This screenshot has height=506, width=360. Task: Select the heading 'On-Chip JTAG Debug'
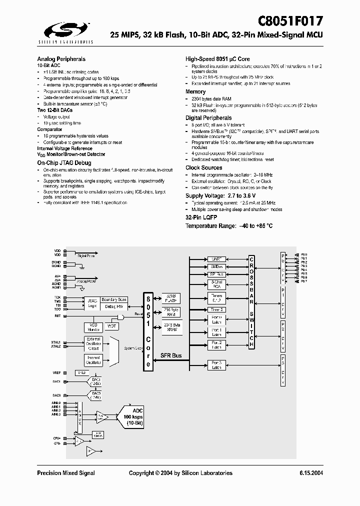(64, 163)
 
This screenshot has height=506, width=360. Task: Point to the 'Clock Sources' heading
(204, 168)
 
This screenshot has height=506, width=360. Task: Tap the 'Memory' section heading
(195, 92)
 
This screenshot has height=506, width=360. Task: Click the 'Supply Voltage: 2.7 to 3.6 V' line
(220, 195)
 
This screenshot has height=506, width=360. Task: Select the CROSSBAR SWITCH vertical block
(251, 302)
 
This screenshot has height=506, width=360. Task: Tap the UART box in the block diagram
(216, 259)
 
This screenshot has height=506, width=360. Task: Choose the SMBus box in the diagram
(216, 267)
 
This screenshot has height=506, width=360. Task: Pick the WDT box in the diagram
(111, 326)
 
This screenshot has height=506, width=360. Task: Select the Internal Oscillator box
(93, 360)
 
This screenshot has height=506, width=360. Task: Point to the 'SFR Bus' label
(171, 355)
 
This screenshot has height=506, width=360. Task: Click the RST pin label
(57, 315)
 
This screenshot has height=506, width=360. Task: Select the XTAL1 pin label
(55, 342)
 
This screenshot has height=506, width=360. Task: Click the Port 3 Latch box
(216, 364)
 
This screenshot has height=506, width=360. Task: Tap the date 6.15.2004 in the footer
(311, 473)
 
